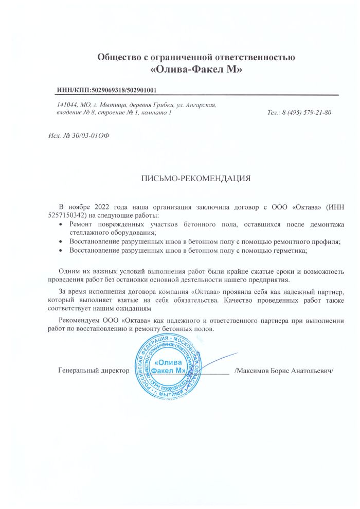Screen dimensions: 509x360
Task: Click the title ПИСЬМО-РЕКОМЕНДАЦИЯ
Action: click(196, 179)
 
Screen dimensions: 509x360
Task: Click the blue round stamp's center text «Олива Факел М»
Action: click(170, 366)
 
